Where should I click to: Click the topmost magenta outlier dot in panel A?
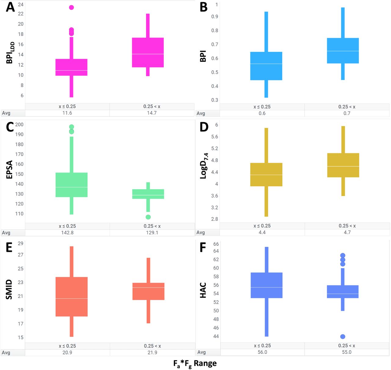tap(71, 7)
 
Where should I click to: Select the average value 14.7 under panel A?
tap(152, 113)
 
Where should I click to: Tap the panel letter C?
tap(10, 127)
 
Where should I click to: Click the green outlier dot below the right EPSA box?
tap(148, 217)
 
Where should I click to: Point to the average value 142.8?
tap(67, 233)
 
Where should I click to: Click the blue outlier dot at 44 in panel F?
tap(343, 336)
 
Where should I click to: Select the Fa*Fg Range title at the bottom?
tap(195, 364)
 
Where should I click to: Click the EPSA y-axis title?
tap(9, 169)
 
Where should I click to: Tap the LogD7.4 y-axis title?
tap(204, 166)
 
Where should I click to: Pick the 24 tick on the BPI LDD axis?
tap(20, 5)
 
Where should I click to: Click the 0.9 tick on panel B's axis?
tap(215, 16)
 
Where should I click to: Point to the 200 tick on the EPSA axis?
tap(19, 125)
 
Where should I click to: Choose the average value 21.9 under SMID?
tap(152, 352)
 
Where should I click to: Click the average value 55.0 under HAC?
tap(346, 352)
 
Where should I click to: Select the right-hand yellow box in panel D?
tap(343, 165)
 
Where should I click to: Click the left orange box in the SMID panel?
tap(71, 297)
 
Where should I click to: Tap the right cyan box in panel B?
tap(343, 51)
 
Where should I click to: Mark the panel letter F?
tap(203, 247)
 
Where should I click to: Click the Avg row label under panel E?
tap(6, 353)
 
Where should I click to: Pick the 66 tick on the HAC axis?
tap(216, 244)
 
